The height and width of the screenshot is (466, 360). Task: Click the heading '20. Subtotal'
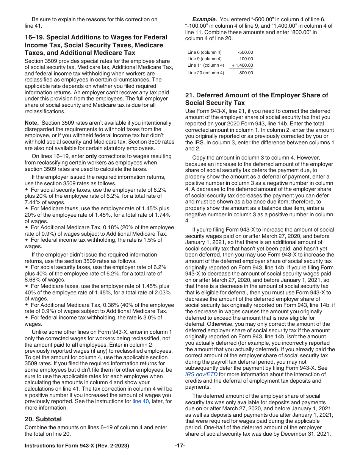(x=43, y=419)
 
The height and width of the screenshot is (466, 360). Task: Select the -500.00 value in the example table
(x=245, y=52)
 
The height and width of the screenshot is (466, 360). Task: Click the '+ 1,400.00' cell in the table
(x=243, y=65)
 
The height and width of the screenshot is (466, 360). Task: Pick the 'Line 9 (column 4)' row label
(x=204, y=59)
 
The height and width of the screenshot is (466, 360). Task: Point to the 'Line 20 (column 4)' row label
(x=206, y=73)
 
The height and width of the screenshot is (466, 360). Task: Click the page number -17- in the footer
(x=180, y=446)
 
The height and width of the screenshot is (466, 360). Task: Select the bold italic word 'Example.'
(x=204, y=19)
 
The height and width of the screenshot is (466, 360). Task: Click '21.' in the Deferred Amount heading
(x=189, y=95)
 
